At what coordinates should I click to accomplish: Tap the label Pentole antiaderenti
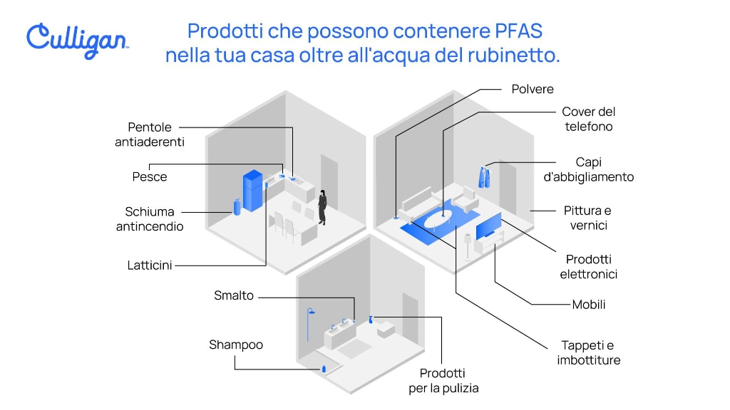click(150, 135)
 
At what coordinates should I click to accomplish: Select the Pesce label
click(150, 177)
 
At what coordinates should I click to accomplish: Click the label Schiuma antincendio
click(150, 219)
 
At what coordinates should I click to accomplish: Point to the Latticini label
click(150, 266)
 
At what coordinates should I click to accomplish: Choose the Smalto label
click(234, 295)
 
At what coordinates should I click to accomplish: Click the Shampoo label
click(236, 345)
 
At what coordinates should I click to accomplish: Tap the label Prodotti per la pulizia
click(443, 381)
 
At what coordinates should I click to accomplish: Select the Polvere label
click(533, 89)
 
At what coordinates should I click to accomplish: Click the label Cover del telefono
click(588, 119)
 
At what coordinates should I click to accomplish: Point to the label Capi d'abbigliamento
click(588, 169)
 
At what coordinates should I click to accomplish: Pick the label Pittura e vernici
click(587, 218)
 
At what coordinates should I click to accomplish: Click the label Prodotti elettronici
click(588, 267)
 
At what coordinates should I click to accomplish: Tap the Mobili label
click(589, 305)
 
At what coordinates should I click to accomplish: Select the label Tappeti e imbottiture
click(588, 353)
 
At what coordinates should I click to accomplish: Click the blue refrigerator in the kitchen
click(253, 190)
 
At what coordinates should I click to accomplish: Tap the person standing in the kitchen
click(322, 207)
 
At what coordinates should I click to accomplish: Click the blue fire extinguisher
click(236, 206)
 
